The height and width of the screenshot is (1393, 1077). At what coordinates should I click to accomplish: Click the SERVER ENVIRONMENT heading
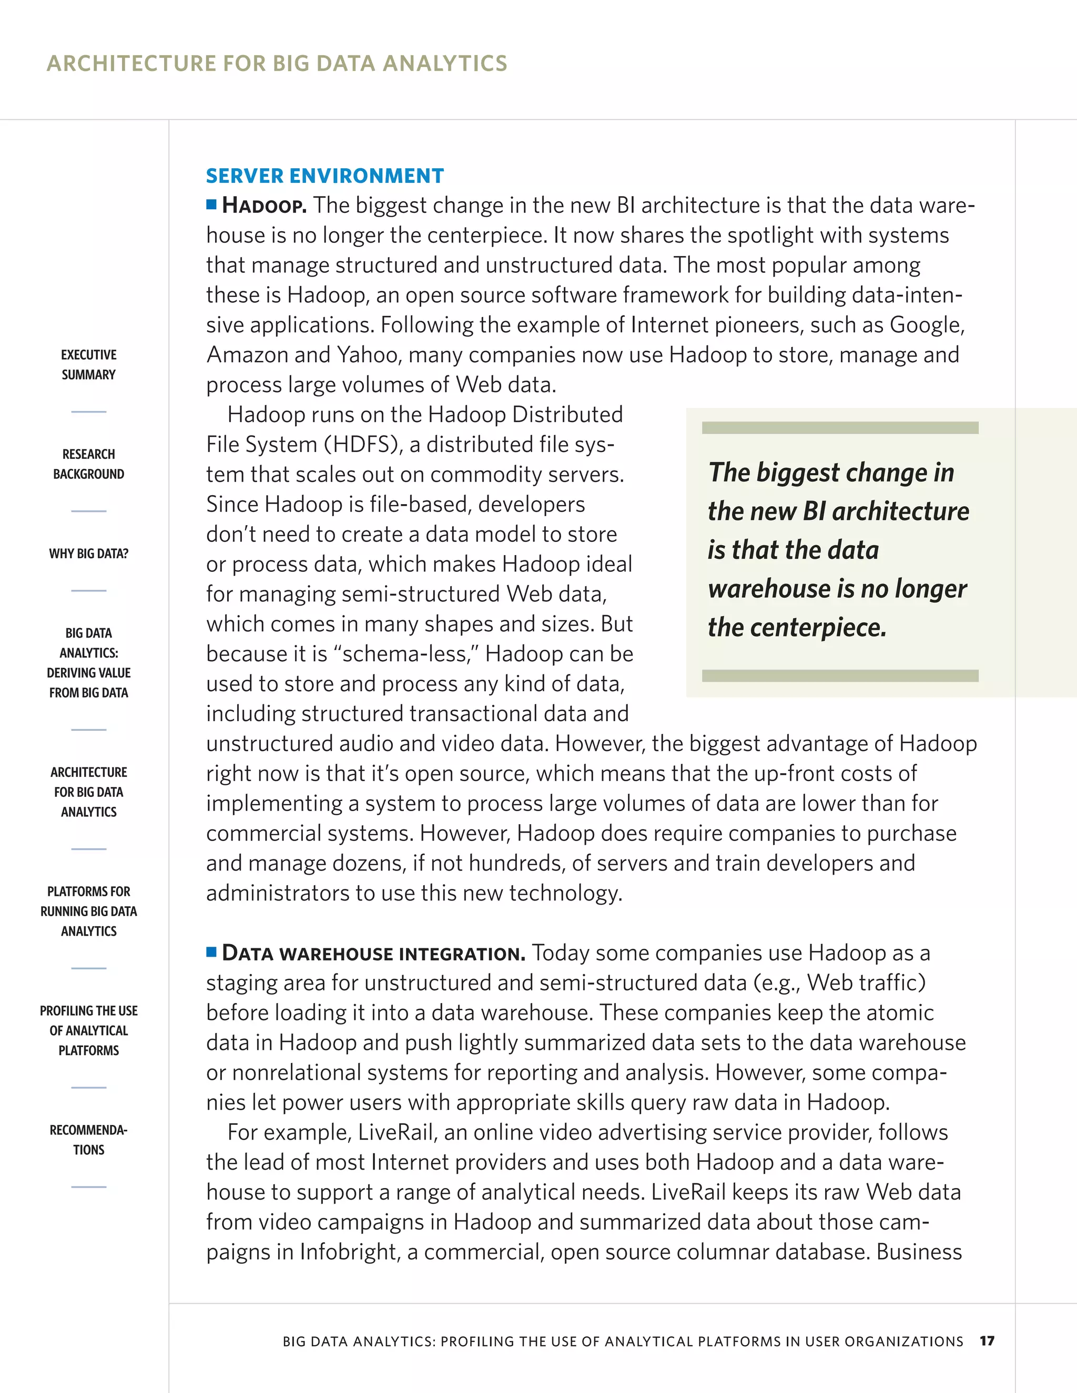(x=325, y=176)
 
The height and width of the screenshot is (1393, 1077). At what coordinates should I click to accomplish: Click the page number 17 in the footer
(x=987, y=1341)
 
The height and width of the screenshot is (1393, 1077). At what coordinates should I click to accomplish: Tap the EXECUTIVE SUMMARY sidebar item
(x=89, y=364)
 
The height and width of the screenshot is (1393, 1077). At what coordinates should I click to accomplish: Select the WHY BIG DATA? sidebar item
(x=89, y=554)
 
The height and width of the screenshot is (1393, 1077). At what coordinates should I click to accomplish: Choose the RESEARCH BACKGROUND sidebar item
(x=89, y=464)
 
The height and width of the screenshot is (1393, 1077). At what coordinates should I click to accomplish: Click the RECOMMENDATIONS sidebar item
(x=89, y=1139)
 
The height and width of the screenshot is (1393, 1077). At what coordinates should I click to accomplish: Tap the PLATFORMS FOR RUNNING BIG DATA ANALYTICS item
(x=89, y=911)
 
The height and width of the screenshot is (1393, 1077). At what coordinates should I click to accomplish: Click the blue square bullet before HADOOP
(x=212, y=204)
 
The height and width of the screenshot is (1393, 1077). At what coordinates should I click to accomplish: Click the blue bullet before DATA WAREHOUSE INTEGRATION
(x=212, y=952)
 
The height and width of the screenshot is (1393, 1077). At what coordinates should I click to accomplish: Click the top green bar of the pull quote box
(x=840, y=427)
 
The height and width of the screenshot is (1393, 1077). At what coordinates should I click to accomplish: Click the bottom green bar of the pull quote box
(x=840, y=675)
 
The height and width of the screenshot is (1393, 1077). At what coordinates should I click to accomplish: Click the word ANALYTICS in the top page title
(x=445, y=63)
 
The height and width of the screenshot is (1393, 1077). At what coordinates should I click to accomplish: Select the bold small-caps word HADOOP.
(x=264, y=206)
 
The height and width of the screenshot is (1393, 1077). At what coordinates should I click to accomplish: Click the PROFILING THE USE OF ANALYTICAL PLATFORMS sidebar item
(x=89, y=1030)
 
